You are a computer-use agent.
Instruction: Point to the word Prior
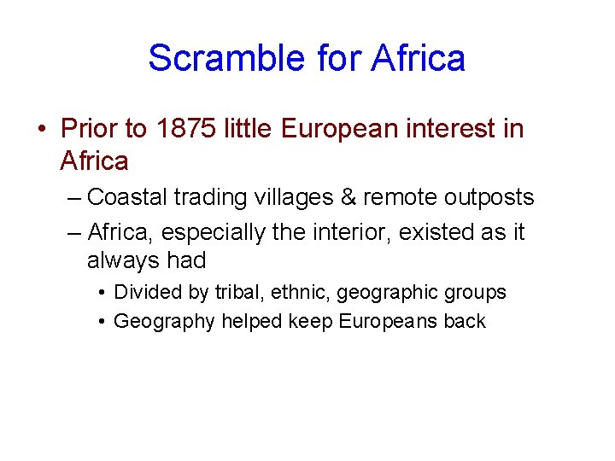[91, 130]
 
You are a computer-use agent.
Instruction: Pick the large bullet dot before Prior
[41, 130]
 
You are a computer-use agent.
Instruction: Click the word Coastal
[127, 198]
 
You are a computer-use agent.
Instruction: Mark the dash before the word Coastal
[73, 198]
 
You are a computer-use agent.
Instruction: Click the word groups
[477, 293]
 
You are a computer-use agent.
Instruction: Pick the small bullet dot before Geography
[101, 322]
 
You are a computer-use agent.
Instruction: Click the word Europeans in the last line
[389, 322]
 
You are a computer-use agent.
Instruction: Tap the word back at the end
[466, 322]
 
